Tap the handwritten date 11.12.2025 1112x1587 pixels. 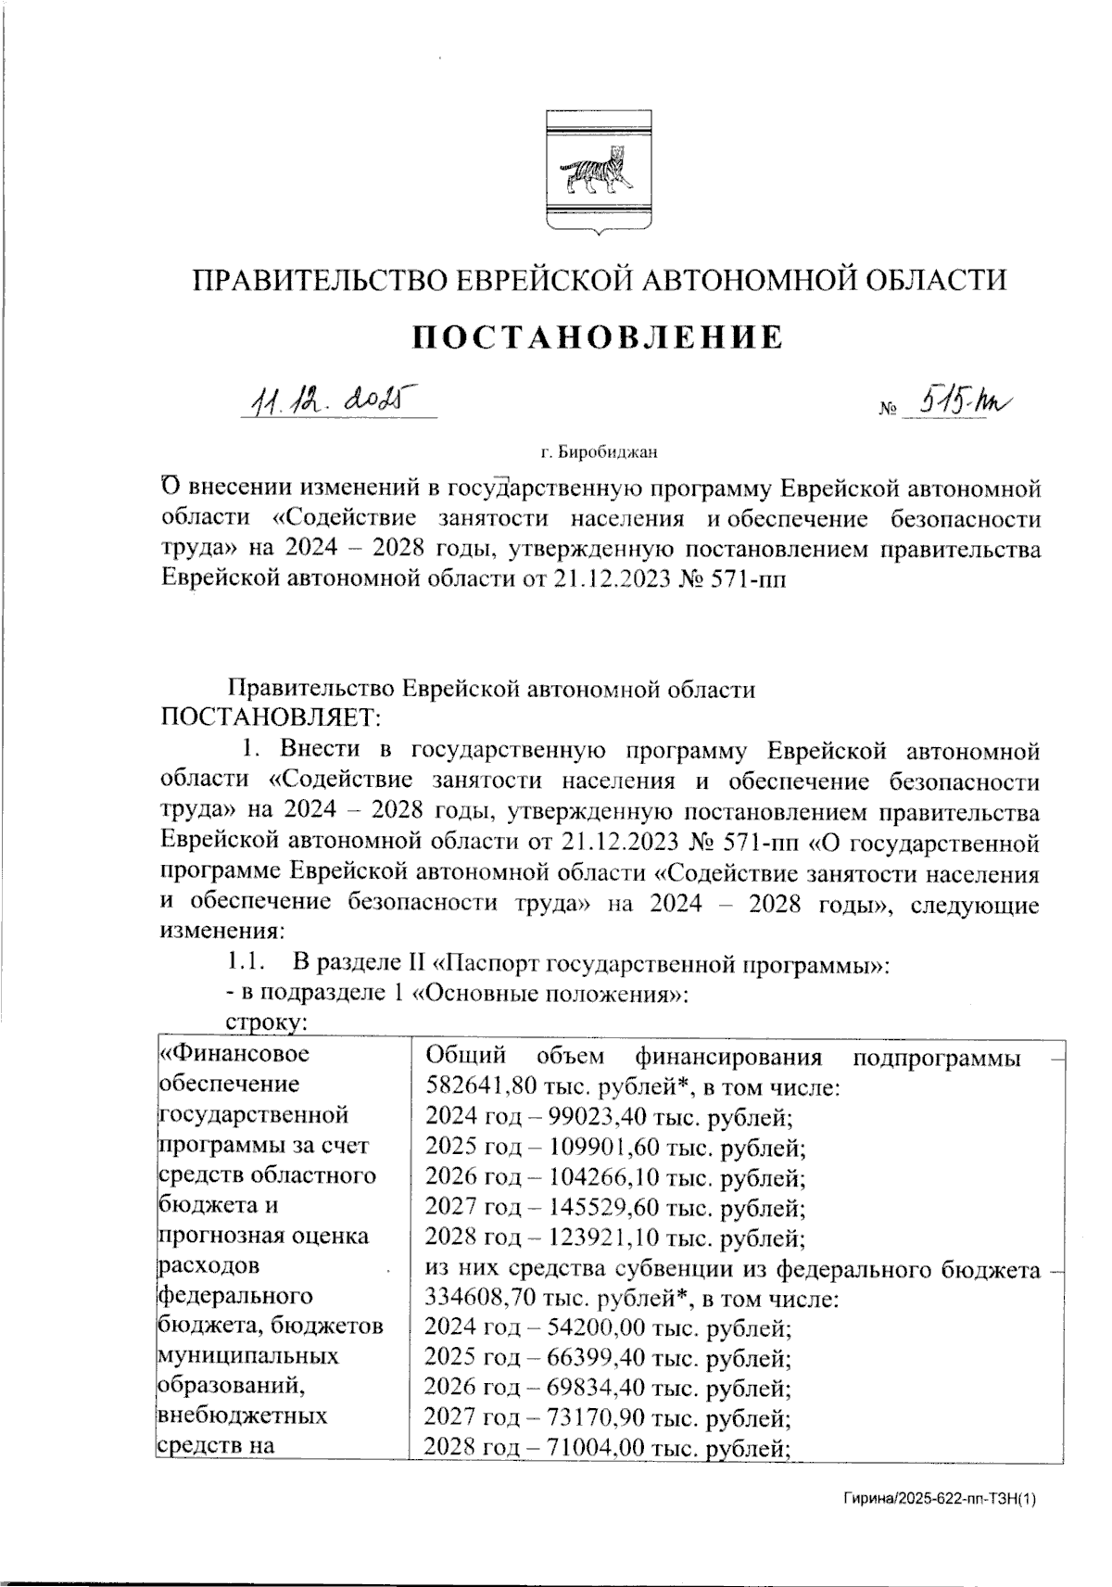[330, 400]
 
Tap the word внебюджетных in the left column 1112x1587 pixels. [243, 1417]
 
